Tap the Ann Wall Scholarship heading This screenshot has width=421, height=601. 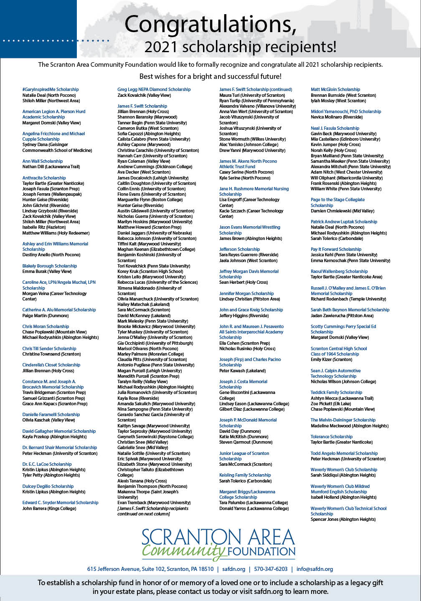[43, 161]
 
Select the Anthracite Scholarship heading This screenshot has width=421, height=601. [44, 178]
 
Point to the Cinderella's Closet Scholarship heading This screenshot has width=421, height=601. [51, 365]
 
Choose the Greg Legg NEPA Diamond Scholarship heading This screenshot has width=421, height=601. [154, 89]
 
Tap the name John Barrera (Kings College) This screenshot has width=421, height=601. [49, 508]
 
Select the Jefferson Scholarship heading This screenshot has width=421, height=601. [239, 249]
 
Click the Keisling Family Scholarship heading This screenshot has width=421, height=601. [245, 475]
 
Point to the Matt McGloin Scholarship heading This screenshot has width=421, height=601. [335, 89]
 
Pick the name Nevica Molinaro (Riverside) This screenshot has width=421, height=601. [336, 117]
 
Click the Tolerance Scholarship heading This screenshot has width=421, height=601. [332, 437]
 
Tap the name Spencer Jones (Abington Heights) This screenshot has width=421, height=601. [343, 519]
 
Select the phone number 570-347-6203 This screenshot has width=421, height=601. [271, 569]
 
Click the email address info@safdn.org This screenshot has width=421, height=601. [314, 569]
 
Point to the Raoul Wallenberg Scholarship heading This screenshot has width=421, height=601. [339, 271]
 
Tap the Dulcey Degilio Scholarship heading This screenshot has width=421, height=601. [48, 486]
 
